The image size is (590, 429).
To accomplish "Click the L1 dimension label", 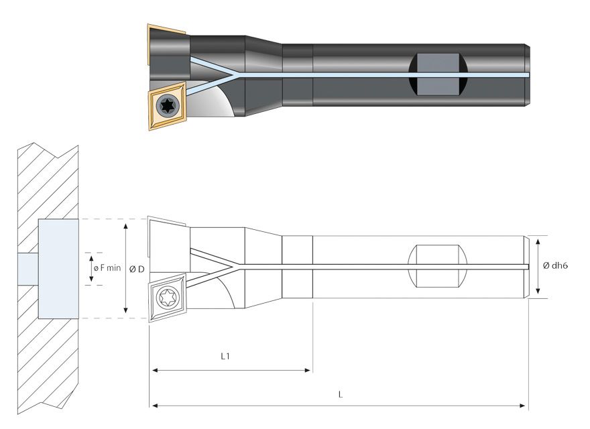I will [226, 357].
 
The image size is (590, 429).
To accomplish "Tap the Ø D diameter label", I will [137, 269].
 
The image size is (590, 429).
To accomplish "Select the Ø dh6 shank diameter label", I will [556, 265].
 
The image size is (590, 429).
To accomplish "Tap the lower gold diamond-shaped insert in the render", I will [167, 106].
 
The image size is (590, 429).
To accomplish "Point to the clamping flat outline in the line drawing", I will [436, 266].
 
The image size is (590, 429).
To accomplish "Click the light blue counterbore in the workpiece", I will [59, 269].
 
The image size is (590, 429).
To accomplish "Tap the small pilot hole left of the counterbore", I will [27, 268].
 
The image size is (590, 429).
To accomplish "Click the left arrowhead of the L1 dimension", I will [154, 369].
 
